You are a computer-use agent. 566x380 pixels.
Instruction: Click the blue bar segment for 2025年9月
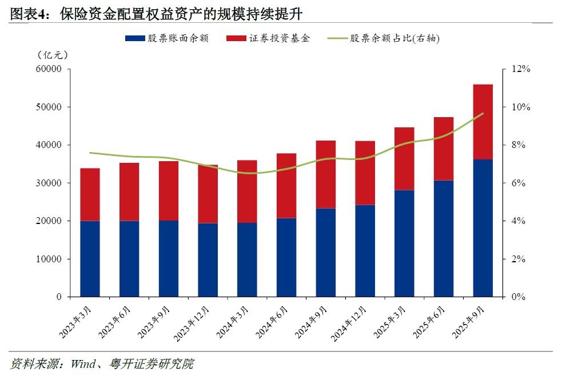tap(483, 228)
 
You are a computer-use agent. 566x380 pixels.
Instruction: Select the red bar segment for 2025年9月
tap(483, 122)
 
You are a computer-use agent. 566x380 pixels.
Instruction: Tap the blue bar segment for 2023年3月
tap(90, 259)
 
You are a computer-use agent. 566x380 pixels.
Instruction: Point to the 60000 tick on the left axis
tap(49, 69)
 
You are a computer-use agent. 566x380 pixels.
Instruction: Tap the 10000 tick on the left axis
tap(49, 259)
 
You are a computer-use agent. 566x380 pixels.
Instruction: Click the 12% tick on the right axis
tap(521, 69)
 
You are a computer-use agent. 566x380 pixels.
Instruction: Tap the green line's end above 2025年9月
tap(483, 113)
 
